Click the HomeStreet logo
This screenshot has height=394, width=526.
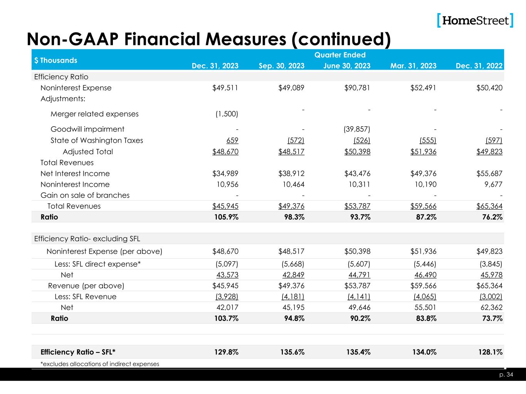[x=475, y=20]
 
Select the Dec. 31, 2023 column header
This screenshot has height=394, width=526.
[x=215, y=66]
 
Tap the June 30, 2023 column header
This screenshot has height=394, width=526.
[x=347, y=66]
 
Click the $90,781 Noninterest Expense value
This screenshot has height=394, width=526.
[x=357, y=88]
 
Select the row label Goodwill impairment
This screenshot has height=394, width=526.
[x=87, y=129]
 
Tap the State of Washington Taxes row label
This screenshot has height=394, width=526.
[x=97, y=140]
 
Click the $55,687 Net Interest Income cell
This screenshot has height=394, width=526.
[x=489, y=174]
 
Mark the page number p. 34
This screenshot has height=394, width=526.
[x=508, y=375]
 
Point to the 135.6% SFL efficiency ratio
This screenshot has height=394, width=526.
[x=292, y=352]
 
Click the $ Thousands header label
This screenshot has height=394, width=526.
[x=55, y=60]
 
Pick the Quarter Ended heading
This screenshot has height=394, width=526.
[x=340, y=55]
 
